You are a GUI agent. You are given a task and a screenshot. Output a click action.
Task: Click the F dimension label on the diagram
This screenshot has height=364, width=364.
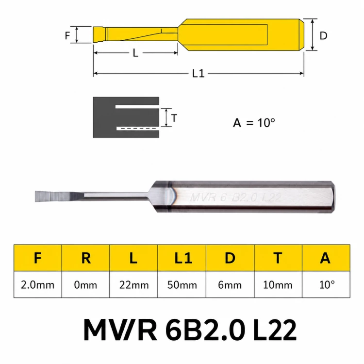[67, 35]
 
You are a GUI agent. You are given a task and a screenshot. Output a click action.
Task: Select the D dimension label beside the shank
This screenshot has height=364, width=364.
[323, 35]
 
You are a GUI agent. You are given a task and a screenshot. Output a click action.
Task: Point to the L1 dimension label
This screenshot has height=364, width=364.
[198, 73]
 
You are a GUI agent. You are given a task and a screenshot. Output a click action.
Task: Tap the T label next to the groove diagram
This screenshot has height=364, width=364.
[174, 118]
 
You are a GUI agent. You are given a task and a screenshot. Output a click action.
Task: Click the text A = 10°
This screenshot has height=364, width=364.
[254, 123]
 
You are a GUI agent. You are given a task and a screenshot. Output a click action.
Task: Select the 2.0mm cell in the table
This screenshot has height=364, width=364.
[37, 284]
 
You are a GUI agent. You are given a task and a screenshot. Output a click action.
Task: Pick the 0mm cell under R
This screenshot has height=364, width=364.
[85, 284]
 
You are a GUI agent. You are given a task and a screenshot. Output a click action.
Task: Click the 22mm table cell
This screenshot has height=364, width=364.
[134, 284]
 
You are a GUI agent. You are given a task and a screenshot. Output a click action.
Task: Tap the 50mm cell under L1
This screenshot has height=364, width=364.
[182, 284]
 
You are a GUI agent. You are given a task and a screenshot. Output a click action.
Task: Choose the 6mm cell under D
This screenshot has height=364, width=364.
[230, 284]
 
